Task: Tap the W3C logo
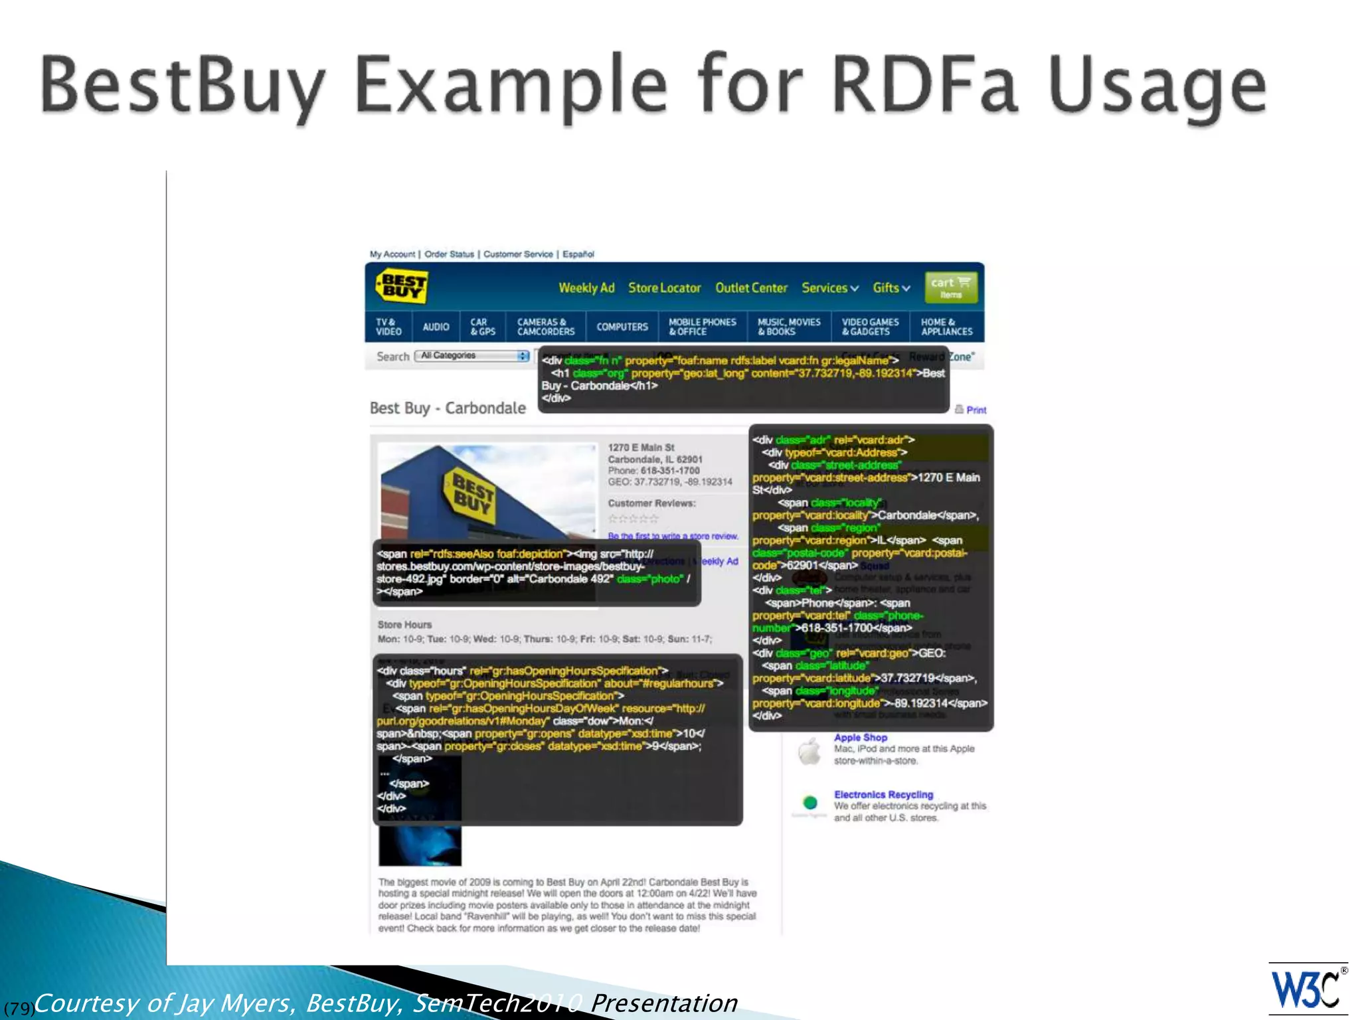(x=1307, y=990)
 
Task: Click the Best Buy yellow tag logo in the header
(x=401, y=287)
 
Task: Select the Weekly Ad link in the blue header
(x=586, y=288)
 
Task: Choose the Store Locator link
(x=664, y=288)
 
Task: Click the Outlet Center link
(x=751, y=288)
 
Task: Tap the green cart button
(x=950, y=288)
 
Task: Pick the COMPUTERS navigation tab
(x=622, y=327)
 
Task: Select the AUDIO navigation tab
(x=436, y=327)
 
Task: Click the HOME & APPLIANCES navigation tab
(x=946, y=327)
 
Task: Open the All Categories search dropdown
(x=472, y=356)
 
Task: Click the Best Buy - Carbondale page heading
(x=448, y=408)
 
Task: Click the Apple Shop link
(x=860, y=737)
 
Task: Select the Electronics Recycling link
(x=883, y=794)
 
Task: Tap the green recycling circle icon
(x=809, y=802)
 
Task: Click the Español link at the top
(x=578, y=254)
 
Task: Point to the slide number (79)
(x=19, y=1008)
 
